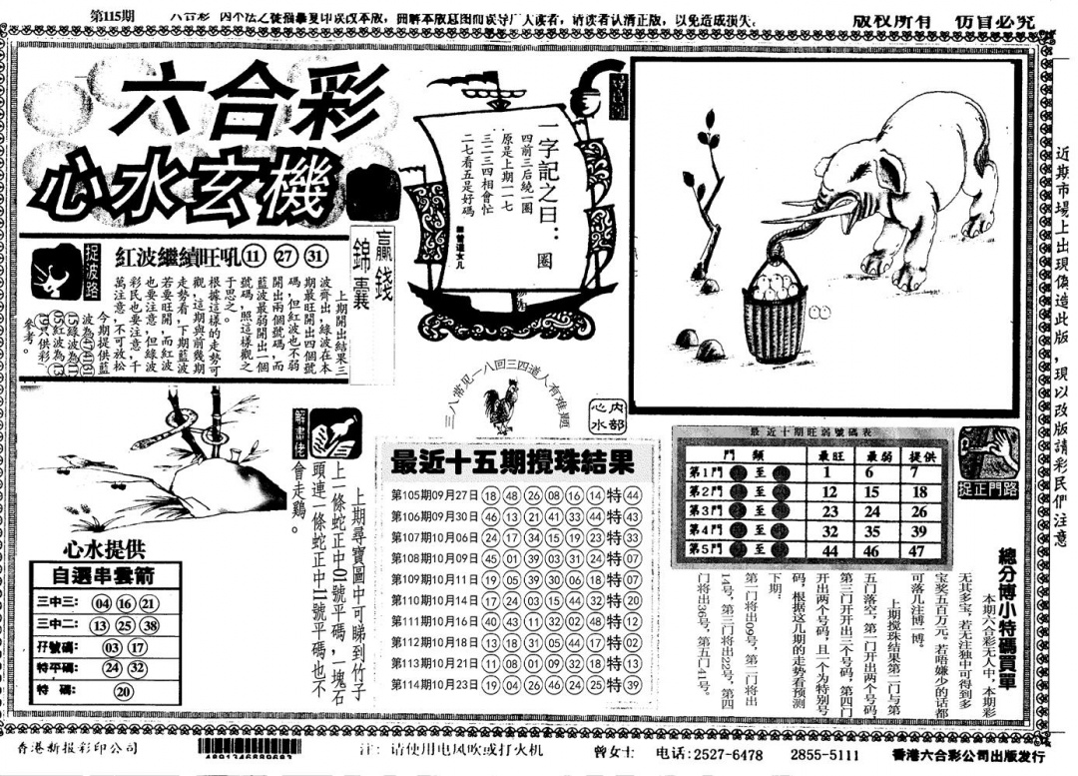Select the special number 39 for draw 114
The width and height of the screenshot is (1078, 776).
tap(631, 684)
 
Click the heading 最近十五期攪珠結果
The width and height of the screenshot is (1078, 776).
tap(511, 462)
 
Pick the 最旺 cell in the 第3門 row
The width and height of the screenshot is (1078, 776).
tap(828, 510)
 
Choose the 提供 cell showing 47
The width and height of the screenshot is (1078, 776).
tap(919, 549)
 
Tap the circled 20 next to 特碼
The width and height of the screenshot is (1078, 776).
tap(124, 691)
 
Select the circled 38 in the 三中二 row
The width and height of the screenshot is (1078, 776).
tap(150, 625)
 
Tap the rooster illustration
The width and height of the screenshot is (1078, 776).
tap(496, 410)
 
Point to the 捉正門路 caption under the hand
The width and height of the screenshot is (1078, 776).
tap(988, 488)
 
